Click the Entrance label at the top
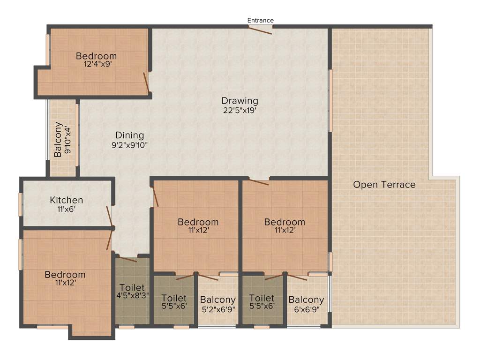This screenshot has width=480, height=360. point(260,20)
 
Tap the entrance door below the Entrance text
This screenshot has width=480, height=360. point(260,30)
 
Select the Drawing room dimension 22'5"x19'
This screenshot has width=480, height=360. point(240,111)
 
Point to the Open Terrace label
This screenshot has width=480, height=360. point(384,185)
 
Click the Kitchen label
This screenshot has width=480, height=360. point(67,200)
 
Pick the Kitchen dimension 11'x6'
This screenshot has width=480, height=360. point(67,209)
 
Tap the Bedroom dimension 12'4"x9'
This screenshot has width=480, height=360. point(96,65)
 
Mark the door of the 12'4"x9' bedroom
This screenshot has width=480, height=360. point(146,82)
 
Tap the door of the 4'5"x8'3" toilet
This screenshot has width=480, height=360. point(127,259)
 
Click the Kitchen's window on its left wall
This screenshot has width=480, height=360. point(20,204)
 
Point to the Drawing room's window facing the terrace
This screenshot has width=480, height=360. point(330,100)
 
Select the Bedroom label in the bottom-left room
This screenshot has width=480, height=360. point(65,275)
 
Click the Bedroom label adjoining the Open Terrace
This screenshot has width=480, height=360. point(284,222)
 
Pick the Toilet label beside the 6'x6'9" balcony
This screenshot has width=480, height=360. point(262,298)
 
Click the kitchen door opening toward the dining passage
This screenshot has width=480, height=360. point(110,218)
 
